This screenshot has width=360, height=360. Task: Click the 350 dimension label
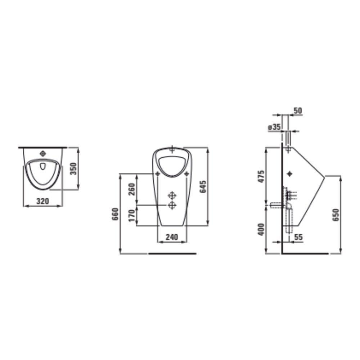(73, 168)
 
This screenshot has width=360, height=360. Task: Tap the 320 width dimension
(43, 201)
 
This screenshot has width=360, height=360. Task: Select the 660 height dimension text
(115, 214)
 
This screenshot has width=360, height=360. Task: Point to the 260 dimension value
(131, 189)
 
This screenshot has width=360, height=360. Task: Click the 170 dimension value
(132, 215)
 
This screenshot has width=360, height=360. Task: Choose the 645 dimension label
(203, 186)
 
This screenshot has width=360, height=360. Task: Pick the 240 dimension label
(172, 237)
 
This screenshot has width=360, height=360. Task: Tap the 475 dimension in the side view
(261, 176)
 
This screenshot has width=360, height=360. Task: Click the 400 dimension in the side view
(261, 229)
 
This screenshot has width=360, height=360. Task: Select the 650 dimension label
(336, 215)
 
